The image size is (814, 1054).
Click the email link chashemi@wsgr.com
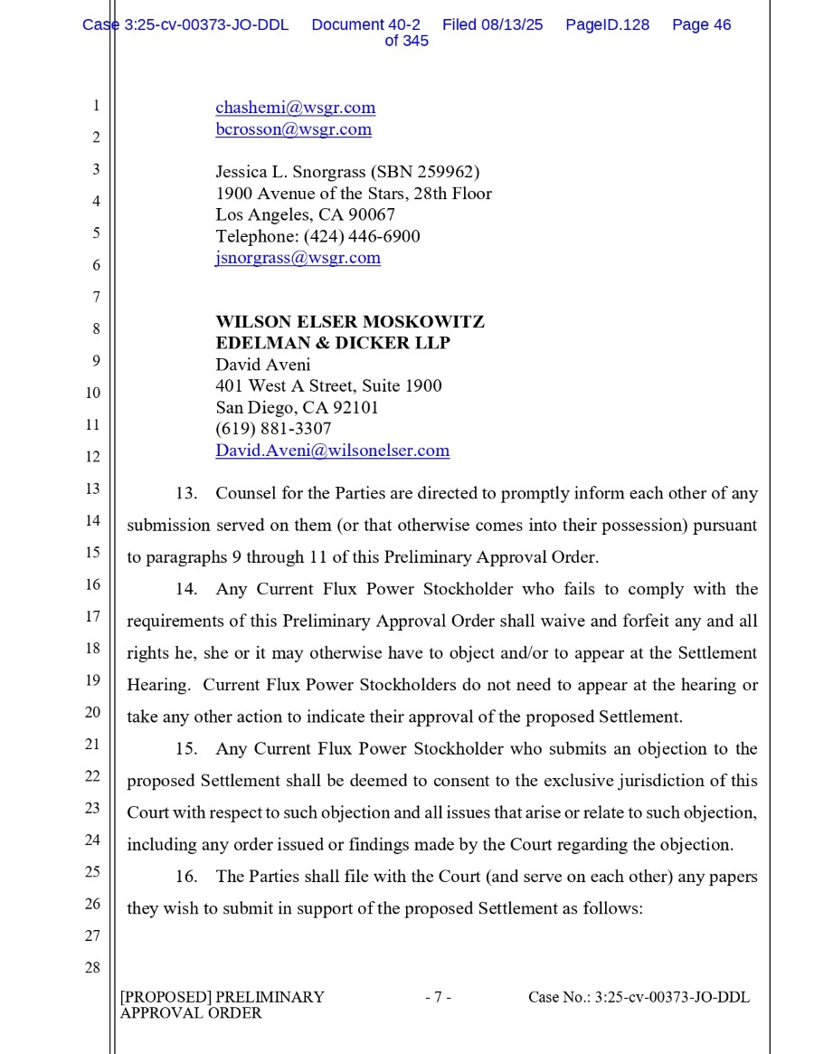pos(295,108)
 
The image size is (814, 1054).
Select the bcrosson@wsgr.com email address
pos(293,129)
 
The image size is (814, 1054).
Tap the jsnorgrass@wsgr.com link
pos(298,258)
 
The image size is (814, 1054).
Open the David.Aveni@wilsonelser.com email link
pos(332,451)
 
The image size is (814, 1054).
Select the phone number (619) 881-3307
pos(273,429)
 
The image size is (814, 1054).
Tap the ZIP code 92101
pos(355,408)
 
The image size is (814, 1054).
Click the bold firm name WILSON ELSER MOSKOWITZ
pos(349,322)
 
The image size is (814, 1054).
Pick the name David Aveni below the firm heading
pos(262,366)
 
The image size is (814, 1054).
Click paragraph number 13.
pos(186,494)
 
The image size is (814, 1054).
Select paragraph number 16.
pos(186,877)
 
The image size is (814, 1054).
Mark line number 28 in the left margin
pos(92,968)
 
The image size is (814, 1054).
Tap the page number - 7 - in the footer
pos(438,998)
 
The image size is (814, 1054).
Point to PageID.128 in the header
pos(607,25)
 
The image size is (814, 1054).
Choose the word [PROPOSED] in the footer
pos(166,998)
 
